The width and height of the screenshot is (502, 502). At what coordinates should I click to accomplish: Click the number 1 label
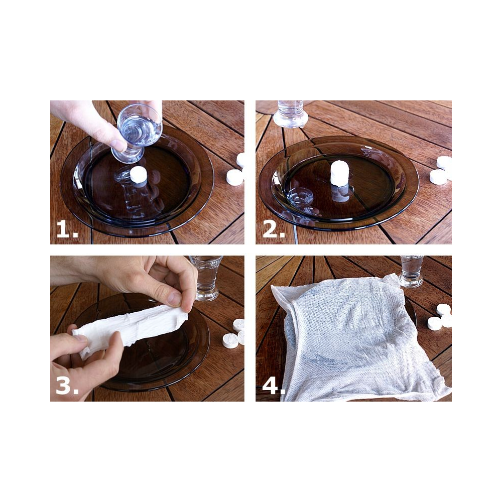67,229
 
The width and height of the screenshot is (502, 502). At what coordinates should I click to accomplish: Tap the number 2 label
274,229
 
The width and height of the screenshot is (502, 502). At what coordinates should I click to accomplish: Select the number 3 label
67,386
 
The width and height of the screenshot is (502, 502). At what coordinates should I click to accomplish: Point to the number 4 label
274,386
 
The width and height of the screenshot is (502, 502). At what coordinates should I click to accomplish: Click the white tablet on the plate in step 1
139,175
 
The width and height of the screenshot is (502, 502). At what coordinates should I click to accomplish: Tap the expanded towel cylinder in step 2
340,173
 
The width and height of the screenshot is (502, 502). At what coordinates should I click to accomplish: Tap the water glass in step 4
412,271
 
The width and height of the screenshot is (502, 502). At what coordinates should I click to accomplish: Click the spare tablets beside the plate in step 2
441,170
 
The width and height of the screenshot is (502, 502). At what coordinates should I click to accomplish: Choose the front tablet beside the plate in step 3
230,341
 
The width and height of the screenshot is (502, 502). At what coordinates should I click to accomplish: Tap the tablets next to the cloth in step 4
440,317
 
